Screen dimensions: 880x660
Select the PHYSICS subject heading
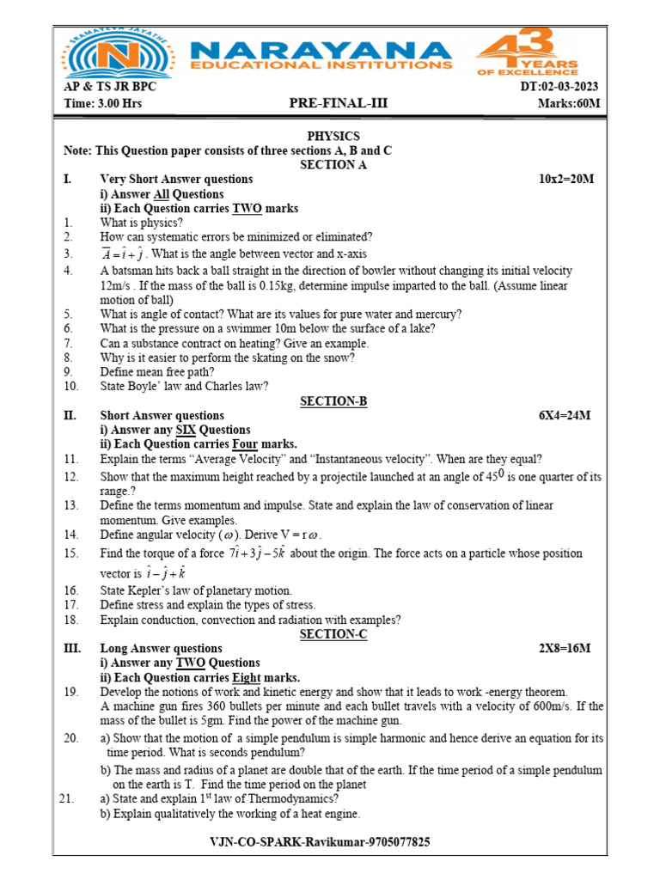333,136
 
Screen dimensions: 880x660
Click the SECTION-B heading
333,400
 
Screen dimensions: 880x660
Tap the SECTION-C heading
333,634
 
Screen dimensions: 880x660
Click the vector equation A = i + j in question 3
122,254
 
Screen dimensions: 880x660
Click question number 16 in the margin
71,590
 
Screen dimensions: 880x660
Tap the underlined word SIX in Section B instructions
187,430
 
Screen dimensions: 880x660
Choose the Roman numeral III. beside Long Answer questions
72,648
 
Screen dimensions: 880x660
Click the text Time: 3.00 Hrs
103,104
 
